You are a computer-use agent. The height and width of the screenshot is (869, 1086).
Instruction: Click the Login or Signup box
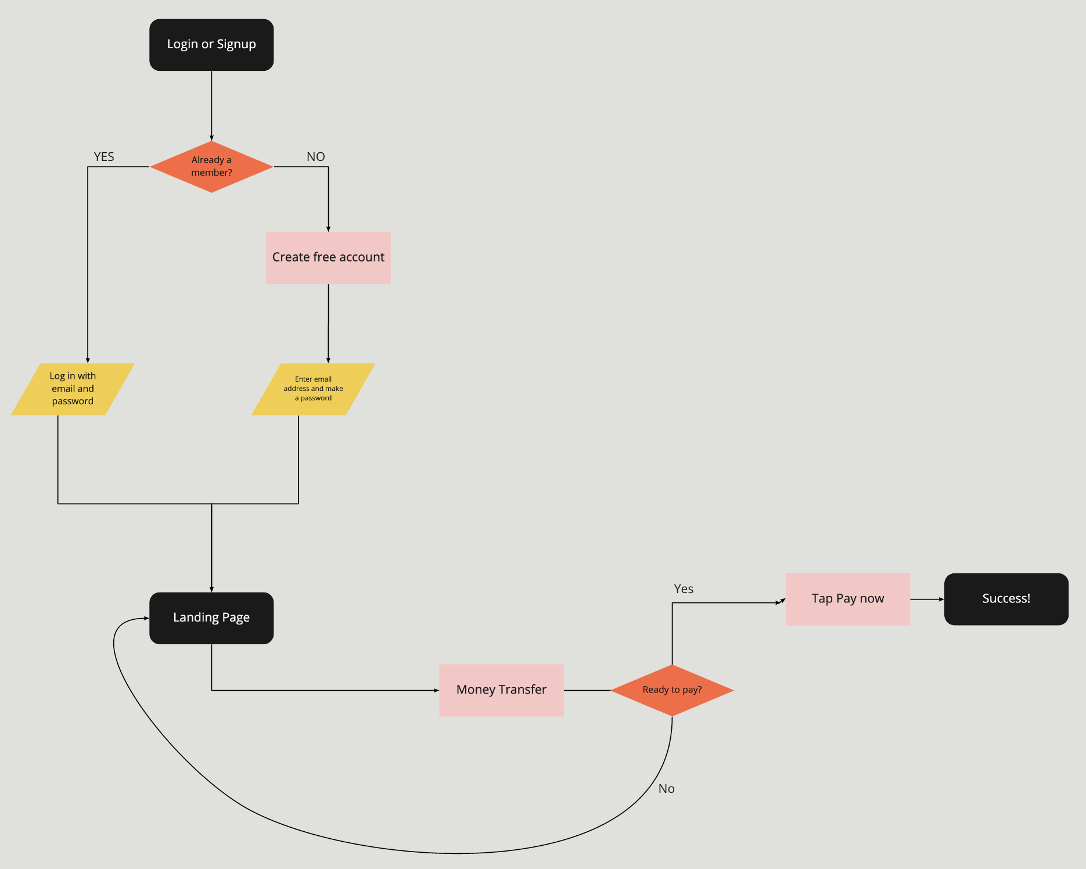click(x=211, y=45)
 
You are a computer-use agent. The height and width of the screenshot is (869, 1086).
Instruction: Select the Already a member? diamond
click(x=211, y=167)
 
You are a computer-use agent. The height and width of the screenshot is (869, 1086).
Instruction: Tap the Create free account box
click(x=328, y=257)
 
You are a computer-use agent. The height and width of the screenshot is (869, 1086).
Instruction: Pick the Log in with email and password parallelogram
click(x=73, y=389)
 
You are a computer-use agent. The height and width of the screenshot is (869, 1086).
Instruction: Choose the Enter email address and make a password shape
click(x=313, y=389)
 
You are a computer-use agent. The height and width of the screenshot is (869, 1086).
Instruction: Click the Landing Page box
click(x=211, y=617)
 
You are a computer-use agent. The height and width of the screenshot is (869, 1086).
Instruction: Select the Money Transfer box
click(x=501, y=690)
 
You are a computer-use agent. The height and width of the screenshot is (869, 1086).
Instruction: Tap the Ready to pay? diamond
click(x=672, y=690)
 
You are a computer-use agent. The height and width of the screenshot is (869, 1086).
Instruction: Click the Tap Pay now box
click(x=847, y=599)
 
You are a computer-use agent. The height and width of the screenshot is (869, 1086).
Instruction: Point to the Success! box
click(x=1006, y=599)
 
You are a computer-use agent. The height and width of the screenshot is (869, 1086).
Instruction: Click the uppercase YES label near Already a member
click(x=104, y=157)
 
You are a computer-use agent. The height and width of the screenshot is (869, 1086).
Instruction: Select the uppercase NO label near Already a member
click(x=315, y=157)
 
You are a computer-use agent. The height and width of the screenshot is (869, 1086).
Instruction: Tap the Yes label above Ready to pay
click(x=684, y=589)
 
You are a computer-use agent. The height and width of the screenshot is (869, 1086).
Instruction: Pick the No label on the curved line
click(x=666, y=789)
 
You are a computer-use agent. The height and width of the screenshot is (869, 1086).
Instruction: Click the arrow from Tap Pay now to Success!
click(x=927, y=599)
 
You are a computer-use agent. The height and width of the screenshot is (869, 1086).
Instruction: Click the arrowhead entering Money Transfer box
click(x=436, y=690)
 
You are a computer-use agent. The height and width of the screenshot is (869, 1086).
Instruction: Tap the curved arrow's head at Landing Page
click(x=145, y=618)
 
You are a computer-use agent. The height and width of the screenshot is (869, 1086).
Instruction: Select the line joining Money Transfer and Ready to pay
click(x=587, y=690)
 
